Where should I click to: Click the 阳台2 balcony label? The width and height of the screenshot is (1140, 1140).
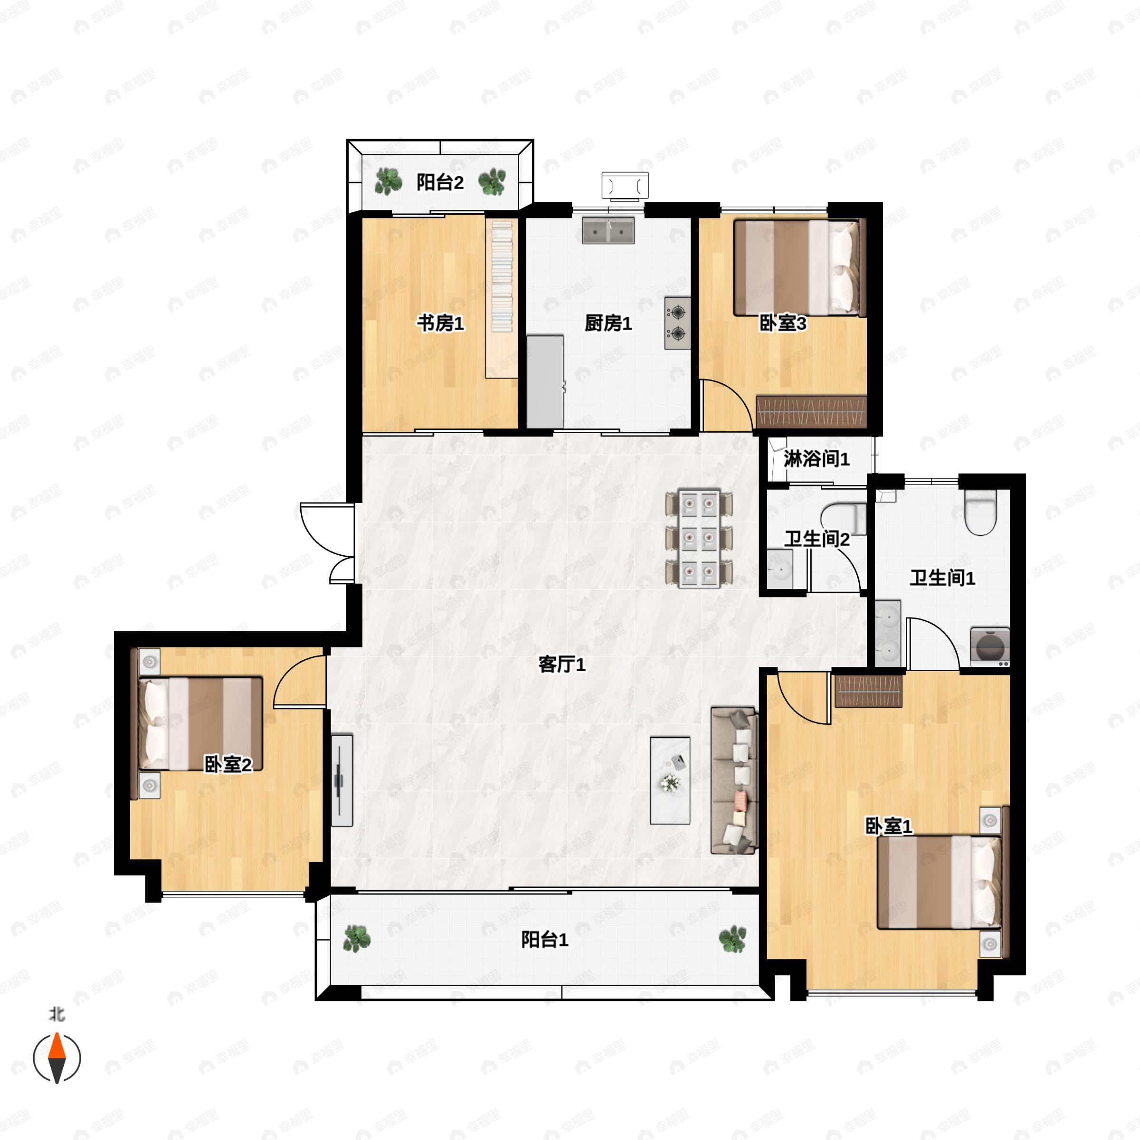[x=440, y=182]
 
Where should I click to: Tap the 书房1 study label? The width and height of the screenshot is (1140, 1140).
[x=440, y=323]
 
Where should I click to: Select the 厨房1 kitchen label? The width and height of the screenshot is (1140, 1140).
[x=608, y=323]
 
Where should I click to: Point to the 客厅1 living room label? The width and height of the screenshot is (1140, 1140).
[x=562, y=665]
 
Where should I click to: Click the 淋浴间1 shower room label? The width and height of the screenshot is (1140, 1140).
[x=817, y=458]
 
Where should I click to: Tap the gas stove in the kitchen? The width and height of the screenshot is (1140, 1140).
[x=677, y=323]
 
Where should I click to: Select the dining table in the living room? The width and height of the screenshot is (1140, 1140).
[x=699, y=538]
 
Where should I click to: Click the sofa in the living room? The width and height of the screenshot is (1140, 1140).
[x=734, y=780]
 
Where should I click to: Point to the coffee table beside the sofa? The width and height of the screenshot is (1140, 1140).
[x=670, y=780]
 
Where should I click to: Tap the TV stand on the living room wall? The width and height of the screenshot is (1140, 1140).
[x=342, y=780]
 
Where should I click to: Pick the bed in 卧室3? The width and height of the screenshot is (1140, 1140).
[x=799, y=268]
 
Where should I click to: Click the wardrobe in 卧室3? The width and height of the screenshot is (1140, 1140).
[x=811, y=411]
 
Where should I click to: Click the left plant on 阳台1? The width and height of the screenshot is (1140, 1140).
[x=357, y=939]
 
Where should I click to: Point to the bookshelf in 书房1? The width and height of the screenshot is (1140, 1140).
[x=502, y=299]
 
